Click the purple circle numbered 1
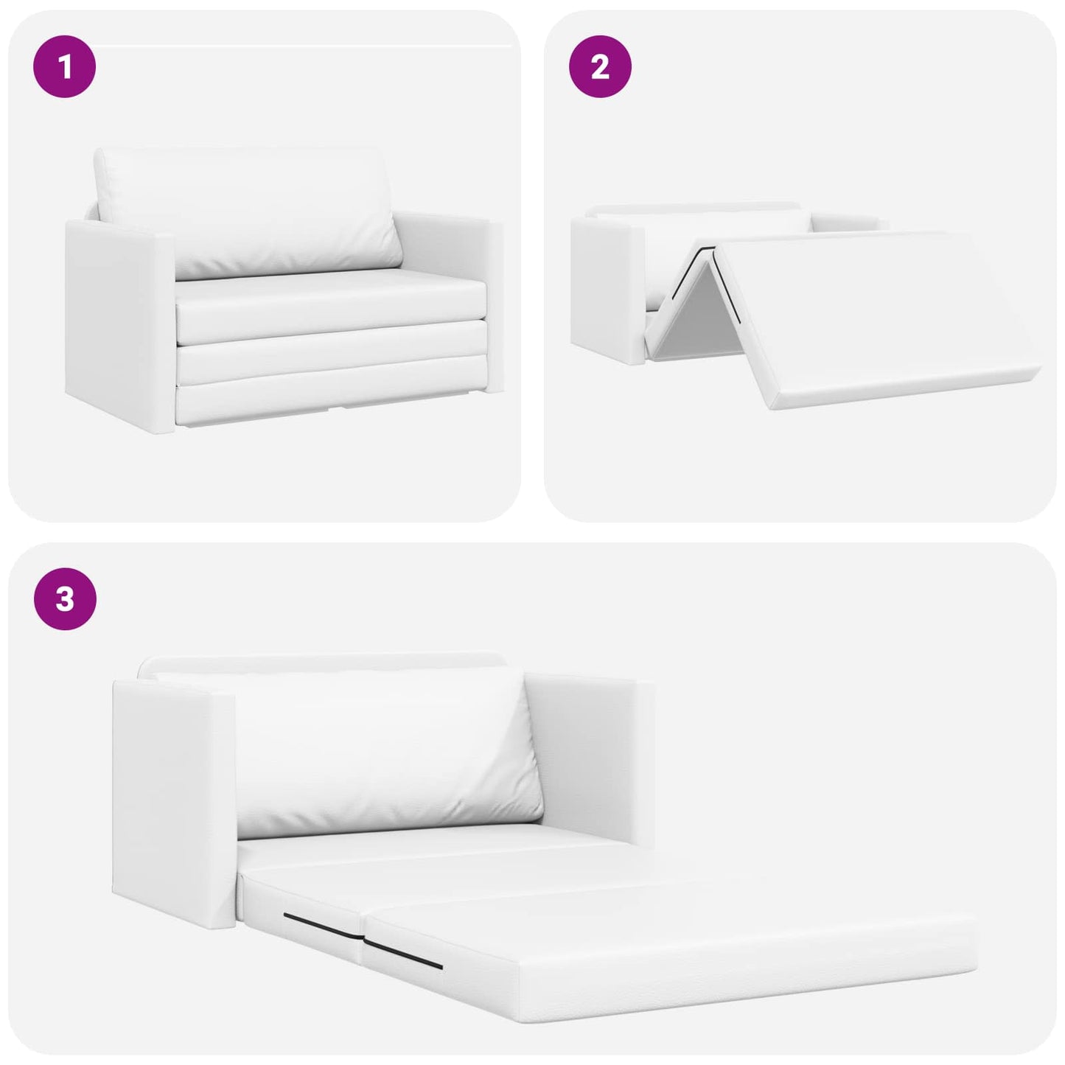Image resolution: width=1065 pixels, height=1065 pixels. click(x=65, y=67)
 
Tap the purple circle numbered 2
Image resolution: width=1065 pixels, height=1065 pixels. click(x=599, y=67)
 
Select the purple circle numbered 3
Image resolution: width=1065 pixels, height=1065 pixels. click(x=65, y=598)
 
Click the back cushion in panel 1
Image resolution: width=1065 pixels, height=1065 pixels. click(x=247, y=210)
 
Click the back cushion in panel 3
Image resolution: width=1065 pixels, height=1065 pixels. click(x=383, y=752)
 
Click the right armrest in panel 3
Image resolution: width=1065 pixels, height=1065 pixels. click(x=590, y=759)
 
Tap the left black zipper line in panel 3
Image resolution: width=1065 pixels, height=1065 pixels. click(x=322, y=925)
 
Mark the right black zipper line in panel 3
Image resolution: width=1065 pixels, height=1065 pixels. click(x=403, y=954)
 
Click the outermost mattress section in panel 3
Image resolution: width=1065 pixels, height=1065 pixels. click(x=663, y=951)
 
